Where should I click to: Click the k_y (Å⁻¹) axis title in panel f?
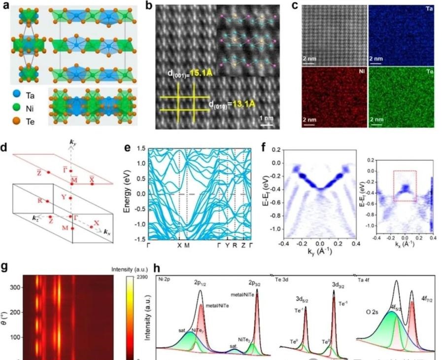[321, 250]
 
